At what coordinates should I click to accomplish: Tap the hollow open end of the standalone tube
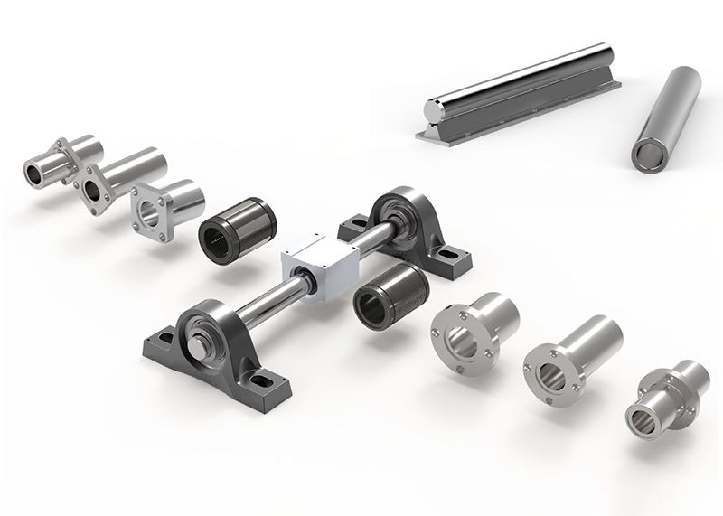pyautogui.click(x=647, y=155)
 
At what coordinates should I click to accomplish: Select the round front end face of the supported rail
pyautogui.click(x=434, y=114)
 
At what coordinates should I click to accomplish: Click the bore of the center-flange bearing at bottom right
pyautogui.click(x=645, y=419)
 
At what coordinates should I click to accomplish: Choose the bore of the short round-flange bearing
pyautogui.click(x=462, y=341)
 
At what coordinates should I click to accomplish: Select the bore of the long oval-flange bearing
pyautogui.click(x=94, y=191)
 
